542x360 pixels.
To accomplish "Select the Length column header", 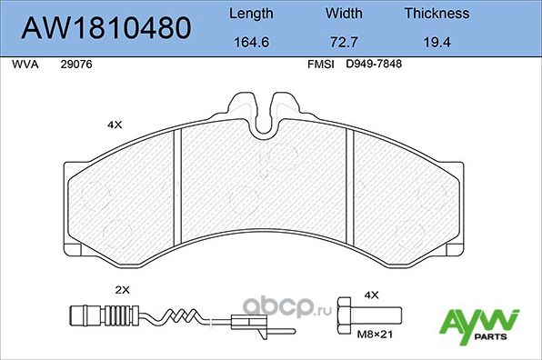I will coord(249,14).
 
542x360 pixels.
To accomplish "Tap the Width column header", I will coord(344,14).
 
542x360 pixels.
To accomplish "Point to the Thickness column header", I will coord(437,14).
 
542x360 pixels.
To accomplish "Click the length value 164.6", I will coord(249,42).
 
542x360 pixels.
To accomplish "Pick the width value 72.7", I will coord(344,42).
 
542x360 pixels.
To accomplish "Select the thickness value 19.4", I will coord(437,42).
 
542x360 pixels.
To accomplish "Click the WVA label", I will coord(22,65).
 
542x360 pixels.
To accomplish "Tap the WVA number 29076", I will coord(75,65).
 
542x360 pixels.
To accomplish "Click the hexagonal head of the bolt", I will coord(346,317).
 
